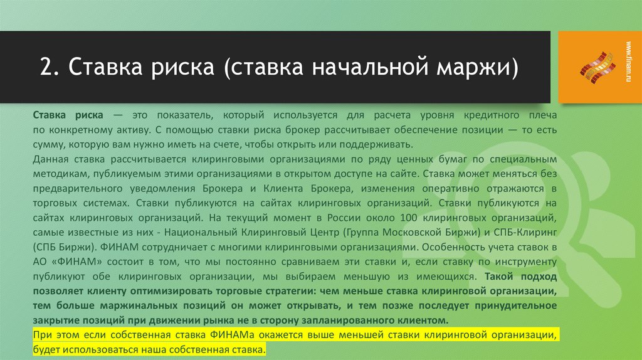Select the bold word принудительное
(x=520, y=305)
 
